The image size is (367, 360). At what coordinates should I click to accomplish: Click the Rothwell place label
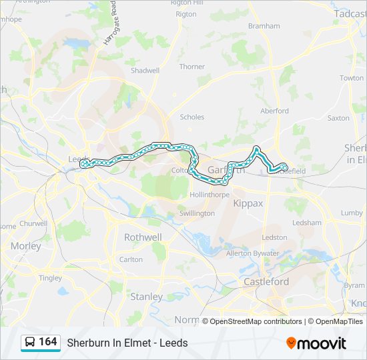click(x=143, y=237)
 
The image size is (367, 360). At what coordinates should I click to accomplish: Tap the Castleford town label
click(x=266, y=281)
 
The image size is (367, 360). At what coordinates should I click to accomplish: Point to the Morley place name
click(x=25, y=246)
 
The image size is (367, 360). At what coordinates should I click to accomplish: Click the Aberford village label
click(x=274, y=111)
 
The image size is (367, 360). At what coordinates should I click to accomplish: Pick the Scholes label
click(x=192, y=117)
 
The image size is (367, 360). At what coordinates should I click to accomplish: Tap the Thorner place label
click(x=192, y=67)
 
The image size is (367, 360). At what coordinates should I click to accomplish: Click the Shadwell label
click(x=145, y=70)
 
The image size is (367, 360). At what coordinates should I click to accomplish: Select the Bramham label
click(x=264, y=26)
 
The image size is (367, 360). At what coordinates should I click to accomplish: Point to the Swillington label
click(x=197, y=213)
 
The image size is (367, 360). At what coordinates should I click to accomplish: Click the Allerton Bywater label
click(x=253, y=254)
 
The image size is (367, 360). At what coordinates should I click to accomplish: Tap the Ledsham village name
click(x=306, y=223)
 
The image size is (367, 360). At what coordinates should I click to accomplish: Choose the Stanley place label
click(x=146, y=297)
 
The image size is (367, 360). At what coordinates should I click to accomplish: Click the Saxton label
click(x=338, y=118)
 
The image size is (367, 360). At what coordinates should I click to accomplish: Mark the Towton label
click(x=352, y=78)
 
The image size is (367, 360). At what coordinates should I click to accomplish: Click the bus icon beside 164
click(x=30, y=343)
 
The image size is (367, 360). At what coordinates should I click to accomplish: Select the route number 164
click(x=48, y=342)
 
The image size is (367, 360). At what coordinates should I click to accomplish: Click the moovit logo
click(x=316, y=343)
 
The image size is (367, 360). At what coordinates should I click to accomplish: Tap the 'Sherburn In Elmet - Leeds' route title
click(x=127, y=343)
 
